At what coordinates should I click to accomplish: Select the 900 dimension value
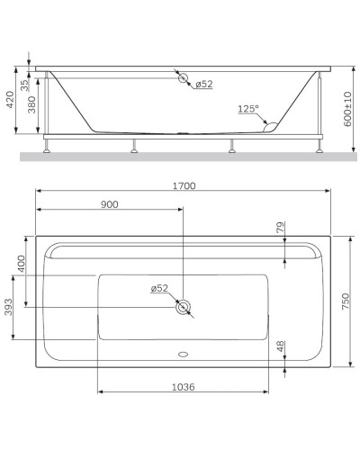click(x=109, y=204)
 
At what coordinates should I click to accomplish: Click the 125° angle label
click(x=247, y=109)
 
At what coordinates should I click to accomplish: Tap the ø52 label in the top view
click(x=159, y=288)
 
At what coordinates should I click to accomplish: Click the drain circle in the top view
click(x=184, y=308)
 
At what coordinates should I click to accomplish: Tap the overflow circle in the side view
click(x=184, y=79)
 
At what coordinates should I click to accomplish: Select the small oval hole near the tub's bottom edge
click(x=184, y=353)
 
